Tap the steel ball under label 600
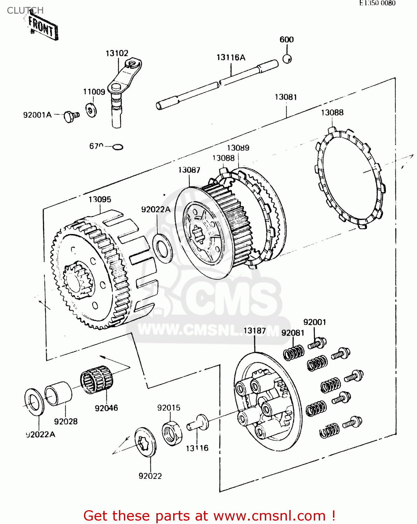tap(287, 59)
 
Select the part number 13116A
tap(231, 58)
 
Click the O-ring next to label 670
tap(118, 147)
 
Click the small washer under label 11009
tap(91, 110)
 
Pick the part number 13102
tap(117, 53)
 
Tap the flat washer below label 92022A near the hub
tap(163, 248)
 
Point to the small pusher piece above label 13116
tap(198, 422)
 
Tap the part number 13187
tap(255, 330)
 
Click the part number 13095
tap(100, 199)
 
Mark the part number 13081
tap(286, 97)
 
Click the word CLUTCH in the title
tap(25, 10)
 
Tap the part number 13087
tap(189, 170)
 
